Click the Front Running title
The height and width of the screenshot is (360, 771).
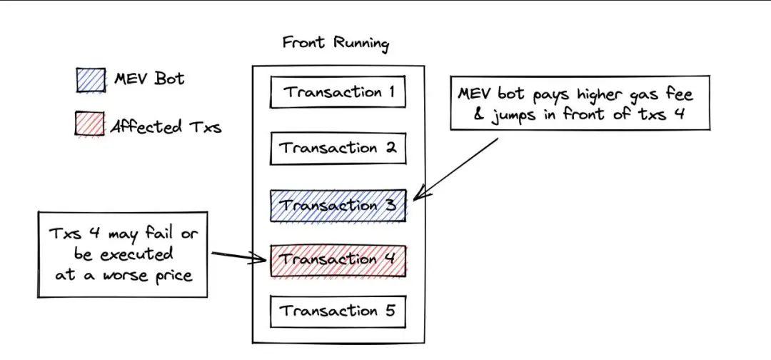click(336, 43)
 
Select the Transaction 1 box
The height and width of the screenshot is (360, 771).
click(338, 93)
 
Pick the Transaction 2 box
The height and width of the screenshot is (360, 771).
click(338, 149)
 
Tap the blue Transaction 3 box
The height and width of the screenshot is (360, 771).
click(338, 206)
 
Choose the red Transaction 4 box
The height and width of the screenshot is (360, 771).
click(338, 259)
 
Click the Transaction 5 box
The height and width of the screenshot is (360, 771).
click(338, 311)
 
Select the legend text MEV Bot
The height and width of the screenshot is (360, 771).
click(148, 79)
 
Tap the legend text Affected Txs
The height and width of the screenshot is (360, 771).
click(166, 127)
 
